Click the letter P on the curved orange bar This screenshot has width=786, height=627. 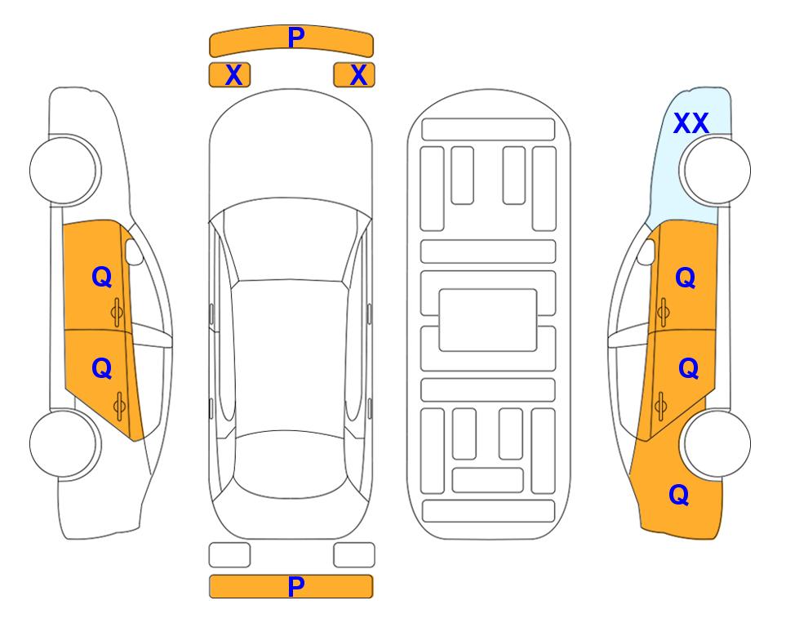[296, 38]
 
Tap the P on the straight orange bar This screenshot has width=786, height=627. [296, 586]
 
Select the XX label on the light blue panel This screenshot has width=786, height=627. [691, 123]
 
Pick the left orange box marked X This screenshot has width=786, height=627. [229, 75]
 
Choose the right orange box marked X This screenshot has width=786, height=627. [354, 75]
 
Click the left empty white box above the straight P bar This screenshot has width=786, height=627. [229, 555]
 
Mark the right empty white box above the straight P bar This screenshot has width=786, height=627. [354, 555]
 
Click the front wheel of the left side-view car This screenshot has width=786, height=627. [64, 170]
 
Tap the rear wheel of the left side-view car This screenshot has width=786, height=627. [64, 443]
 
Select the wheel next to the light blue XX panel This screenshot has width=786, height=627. [717, 170]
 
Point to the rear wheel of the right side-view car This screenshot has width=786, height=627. [717, 443]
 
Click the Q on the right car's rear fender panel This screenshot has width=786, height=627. [679, 495]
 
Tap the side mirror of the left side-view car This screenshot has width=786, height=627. [134, 251]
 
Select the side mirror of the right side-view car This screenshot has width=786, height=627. [646, 251]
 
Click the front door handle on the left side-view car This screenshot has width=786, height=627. [118, 313]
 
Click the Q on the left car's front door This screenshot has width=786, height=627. [101, 277]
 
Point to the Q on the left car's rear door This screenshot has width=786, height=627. [101, 369]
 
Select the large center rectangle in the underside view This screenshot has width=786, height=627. [488, 320]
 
